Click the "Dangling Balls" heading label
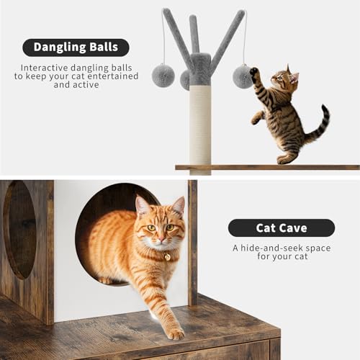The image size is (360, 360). pyautogui.click(x=76, y=48)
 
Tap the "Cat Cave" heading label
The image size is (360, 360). pyautogui.click(x=281, y=228)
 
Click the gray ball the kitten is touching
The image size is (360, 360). pyautogui.click(x=243, y=76)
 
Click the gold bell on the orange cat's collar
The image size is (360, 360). pyautogui.click(x=166, y=256)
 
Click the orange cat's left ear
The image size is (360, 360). pyautogui.click(x=142, y=206)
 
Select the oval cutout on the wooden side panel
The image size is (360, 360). pyautogui.click(x=19, y=230)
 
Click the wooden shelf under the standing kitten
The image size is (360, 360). pyautogui.click(x=266, y=167)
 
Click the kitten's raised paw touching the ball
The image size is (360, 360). pyautogui.click(x=254, y=73)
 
